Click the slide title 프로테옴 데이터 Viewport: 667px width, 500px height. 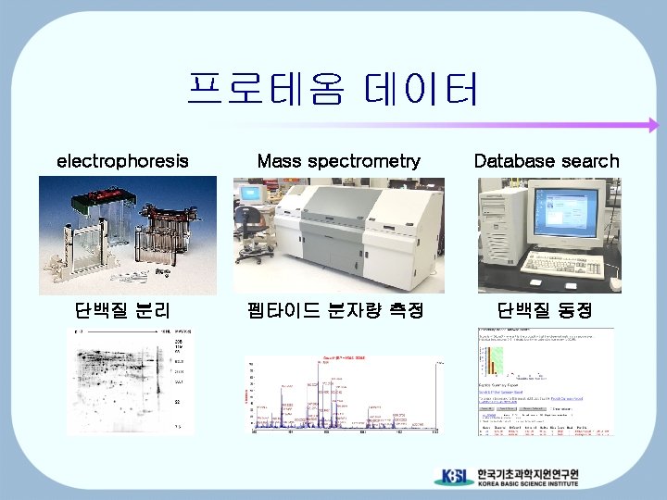coord(333,91)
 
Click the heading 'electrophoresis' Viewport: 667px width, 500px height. coord(122,161)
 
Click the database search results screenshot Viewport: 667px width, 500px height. coord(545,381)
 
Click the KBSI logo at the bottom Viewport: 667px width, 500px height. coord(455,477)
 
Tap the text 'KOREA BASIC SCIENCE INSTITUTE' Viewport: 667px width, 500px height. coord(527,483)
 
